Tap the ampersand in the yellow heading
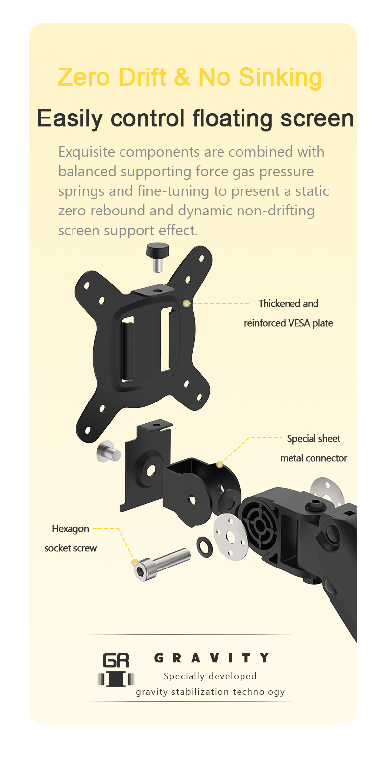click(182, 76)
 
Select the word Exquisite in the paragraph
click(87, 152)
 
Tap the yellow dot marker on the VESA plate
click(186, 303)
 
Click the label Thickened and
click(289, 303)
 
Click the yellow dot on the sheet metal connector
click(219, 464)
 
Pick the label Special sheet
click(314, 438)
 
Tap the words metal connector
click(314, 458)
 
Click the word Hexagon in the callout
click(71, 529)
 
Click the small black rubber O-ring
click(204, 546)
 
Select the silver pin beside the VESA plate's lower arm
click(108, 451)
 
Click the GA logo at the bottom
click(116, 669)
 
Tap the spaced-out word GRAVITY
click(212, 658)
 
